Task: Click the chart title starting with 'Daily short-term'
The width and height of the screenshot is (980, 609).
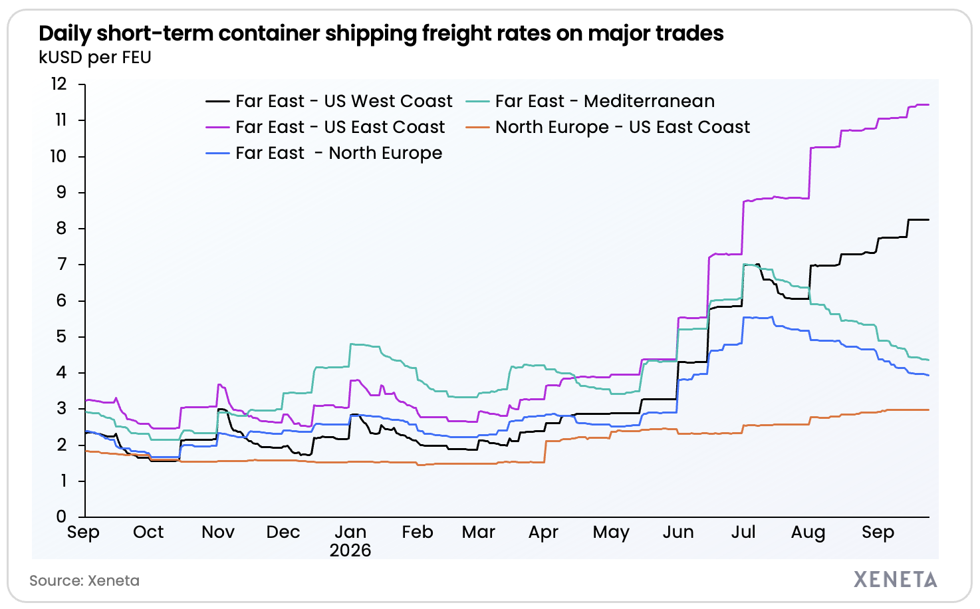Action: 381,34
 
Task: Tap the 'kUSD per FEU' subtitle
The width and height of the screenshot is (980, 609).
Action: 95,58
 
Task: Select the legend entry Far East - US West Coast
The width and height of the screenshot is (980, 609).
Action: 329,101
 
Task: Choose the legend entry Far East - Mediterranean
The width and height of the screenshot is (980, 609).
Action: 590,101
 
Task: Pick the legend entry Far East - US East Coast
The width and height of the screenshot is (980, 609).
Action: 325,127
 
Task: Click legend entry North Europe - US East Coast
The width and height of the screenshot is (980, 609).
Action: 608,127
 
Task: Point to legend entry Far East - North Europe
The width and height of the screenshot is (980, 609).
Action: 324,153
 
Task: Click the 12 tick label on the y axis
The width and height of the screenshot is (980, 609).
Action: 59,84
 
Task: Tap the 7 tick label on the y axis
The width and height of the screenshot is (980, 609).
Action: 61,264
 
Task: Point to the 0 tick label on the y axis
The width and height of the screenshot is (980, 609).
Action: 61,517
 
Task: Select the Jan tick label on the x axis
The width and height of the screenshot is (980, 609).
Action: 350,532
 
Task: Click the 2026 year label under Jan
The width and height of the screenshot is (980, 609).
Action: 350,550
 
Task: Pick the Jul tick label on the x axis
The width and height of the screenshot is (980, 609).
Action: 743,532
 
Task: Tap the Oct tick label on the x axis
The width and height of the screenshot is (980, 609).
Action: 148,532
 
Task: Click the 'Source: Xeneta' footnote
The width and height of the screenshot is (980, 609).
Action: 84,580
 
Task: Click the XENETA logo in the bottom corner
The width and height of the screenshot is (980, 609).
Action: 895,579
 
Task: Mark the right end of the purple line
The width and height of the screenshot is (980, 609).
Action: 929,104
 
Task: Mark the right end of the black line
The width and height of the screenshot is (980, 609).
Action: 929,219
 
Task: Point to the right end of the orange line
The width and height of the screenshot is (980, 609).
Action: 929,410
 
